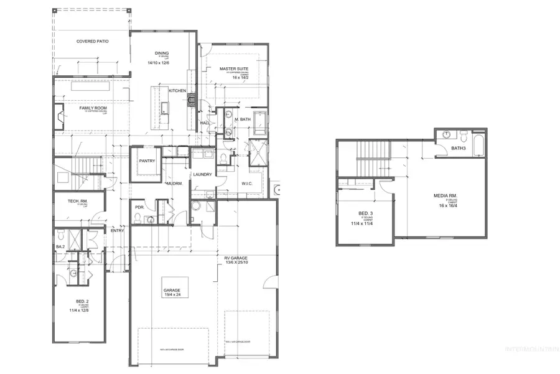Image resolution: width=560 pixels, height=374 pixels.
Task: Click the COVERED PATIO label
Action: (x=92, y=41)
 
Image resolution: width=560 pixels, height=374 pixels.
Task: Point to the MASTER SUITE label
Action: (x=235, y=69)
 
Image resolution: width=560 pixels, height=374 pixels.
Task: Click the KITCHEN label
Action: (x=177, y=91)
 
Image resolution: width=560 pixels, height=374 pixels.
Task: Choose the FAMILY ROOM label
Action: (x=93, y=108)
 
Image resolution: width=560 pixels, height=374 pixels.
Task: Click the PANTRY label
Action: (x=147, y=161)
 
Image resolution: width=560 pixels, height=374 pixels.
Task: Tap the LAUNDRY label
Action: (x=203, y=174)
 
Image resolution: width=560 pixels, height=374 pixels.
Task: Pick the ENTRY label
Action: (x=117, y=231)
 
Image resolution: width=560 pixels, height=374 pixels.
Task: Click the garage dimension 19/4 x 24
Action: (x=172, y=295)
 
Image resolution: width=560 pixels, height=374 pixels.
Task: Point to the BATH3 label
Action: (x=458, y=148)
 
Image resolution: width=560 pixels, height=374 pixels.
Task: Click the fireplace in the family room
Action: (x=58, y=116)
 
